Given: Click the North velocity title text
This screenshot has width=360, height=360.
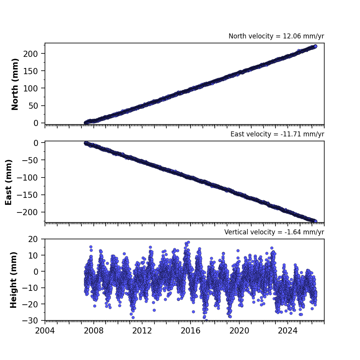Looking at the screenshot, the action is click(276, 36).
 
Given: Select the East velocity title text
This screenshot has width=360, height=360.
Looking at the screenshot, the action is click(277, 134).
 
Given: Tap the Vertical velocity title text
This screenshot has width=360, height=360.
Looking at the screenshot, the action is click(274, 232).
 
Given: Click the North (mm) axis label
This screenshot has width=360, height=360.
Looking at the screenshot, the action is click(15, 84).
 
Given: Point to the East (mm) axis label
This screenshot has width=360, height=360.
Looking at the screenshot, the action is click(8, 182).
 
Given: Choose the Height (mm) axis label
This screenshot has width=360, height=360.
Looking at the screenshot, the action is click(13, 280).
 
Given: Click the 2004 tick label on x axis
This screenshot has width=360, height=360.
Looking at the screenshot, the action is click(45, 331).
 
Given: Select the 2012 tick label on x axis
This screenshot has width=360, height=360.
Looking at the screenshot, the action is click(142, 331).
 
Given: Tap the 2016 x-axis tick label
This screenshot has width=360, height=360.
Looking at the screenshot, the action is click(191, 331).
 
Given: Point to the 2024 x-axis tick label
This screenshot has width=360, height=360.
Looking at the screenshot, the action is click(288, 331).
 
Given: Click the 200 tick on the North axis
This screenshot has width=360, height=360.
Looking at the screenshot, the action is click(30, 54).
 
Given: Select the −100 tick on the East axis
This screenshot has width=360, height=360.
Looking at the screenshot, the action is click(27, 178).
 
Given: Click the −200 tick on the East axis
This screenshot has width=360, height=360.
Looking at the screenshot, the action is click(27, 212).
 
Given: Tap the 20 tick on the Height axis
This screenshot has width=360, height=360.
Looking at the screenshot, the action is click(33, 239).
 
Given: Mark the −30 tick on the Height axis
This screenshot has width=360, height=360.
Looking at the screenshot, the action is click(30, 320).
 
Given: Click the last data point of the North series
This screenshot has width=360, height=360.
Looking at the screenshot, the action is click(315, 46).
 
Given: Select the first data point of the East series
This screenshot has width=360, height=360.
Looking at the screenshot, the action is click(86, 143).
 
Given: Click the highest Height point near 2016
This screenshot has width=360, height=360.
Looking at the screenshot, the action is click(189, 242).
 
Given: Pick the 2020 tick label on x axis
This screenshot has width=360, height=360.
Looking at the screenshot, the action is click(239, 331).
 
